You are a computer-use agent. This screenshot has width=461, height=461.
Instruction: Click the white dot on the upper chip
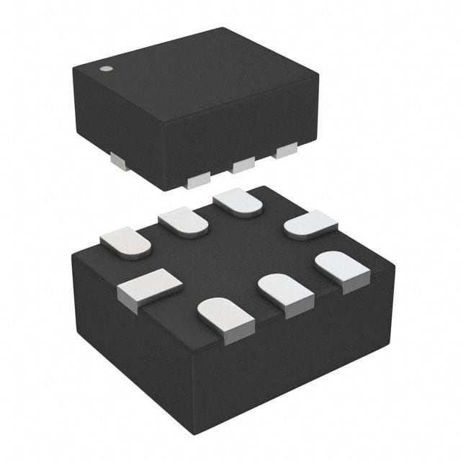tap(105, 69)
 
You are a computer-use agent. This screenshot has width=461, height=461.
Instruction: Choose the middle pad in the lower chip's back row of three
tap(183, 222)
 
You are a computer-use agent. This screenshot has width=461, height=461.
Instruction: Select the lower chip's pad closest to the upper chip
tap(238, 201)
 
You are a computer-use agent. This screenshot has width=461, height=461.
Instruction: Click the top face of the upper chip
tap(194, 79)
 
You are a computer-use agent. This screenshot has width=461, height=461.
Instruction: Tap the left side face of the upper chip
tap(115, 122)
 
